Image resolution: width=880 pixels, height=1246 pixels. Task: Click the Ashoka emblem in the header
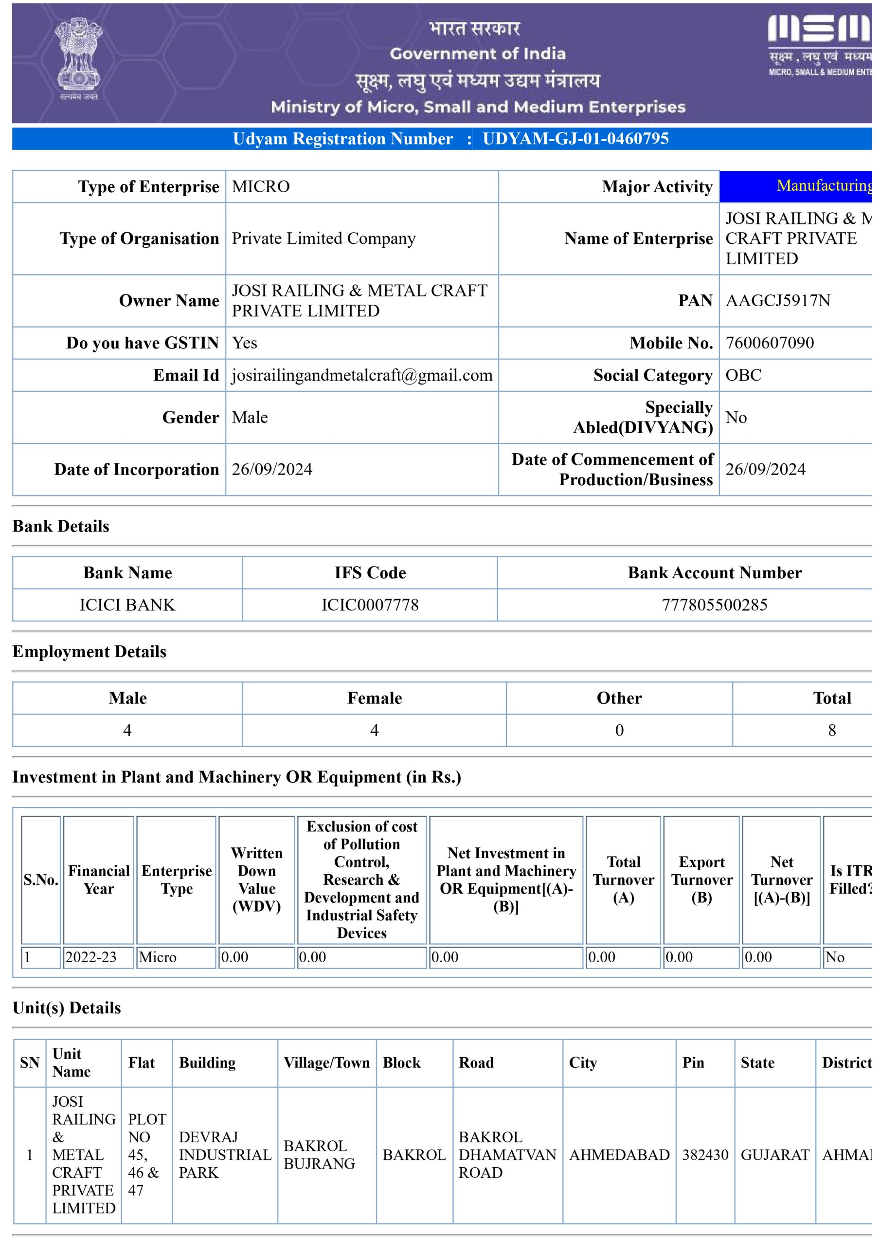79,58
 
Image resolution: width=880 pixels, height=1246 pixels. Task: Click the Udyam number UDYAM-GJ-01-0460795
575,139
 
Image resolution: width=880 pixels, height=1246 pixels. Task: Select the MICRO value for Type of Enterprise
260,187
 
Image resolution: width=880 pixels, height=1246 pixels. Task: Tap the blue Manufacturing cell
796,186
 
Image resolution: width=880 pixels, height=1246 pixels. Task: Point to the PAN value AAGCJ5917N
777,301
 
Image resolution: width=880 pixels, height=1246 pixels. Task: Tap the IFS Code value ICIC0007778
370,605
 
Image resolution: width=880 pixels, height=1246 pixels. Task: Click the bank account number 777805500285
714,605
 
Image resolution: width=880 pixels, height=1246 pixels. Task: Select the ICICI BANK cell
127,605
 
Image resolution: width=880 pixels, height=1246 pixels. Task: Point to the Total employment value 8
831,731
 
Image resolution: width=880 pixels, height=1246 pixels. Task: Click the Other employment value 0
619,731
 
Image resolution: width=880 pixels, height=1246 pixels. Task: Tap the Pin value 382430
705,1155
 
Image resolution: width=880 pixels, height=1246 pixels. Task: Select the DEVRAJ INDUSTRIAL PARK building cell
225,1155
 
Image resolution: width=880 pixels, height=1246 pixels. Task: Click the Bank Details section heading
61,527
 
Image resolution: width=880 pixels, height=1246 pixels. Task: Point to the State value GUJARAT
774,1155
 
